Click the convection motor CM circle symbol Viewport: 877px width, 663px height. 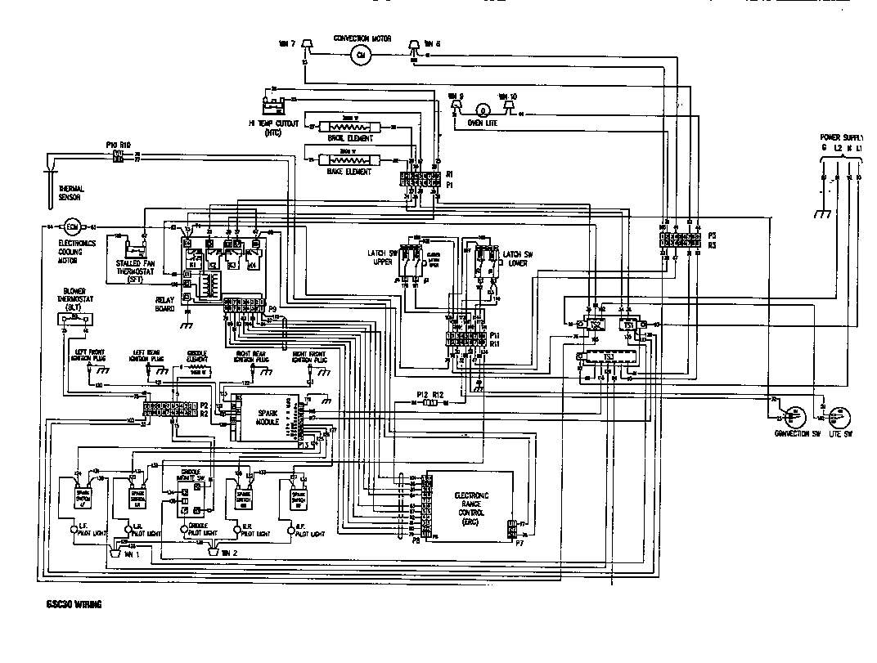coord(360,54)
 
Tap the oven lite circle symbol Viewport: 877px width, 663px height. coord(483,110)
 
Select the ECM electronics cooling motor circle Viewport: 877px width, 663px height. coord(70,226)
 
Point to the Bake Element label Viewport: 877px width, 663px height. coord(349,172)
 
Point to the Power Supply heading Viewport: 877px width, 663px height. coord(847,137)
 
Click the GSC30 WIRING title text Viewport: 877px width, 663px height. coord(69,606)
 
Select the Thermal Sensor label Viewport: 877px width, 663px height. coord(70,193)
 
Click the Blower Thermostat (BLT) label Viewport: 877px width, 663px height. coord(74,299)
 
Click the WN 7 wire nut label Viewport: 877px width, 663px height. coord(286,43)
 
